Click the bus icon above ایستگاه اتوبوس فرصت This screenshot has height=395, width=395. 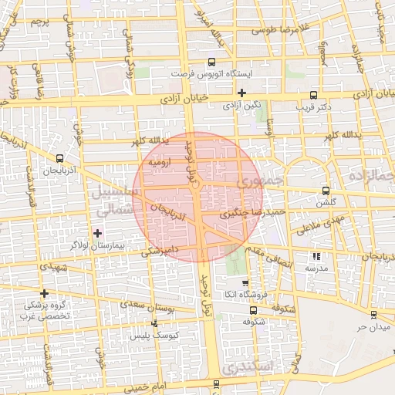[211, 62]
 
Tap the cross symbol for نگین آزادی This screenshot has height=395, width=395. [241, 93]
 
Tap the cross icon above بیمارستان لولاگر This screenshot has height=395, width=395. [97, 232]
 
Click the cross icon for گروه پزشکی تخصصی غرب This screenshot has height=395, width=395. [45, 293]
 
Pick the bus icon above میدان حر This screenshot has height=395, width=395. [373, 314]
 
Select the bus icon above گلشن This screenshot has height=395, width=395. [326, 191]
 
